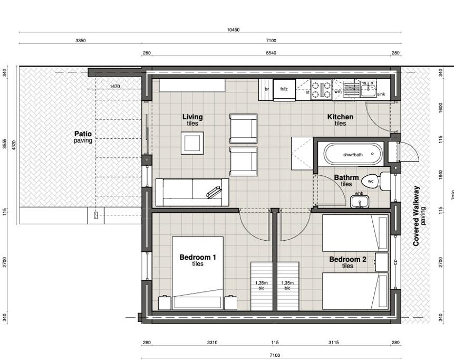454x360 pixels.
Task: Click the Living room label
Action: pos(192,117)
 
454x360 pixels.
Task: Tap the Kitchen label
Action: pos(340,117)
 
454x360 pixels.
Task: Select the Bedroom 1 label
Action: pos(197,257)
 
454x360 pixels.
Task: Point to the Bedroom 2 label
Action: pos(347,259)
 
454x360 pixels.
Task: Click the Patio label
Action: pos(83,134)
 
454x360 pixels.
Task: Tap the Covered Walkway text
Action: pos(417,216)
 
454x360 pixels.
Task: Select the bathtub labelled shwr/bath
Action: pos(353,155)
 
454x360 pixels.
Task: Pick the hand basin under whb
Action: pos(359,202)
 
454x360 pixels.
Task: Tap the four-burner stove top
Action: pos(321,90)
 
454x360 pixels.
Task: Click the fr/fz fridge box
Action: pos(284,90)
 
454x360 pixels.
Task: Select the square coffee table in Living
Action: pos(192,143)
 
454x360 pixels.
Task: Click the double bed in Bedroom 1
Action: pos(197,273)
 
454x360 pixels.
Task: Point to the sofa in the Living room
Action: pos(192,192)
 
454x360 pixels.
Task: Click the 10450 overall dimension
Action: pos(233,30)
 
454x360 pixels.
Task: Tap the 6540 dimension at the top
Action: pos(271,53)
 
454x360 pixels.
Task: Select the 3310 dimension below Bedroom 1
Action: pos(212,343)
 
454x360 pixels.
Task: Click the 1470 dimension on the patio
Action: pos(114,86)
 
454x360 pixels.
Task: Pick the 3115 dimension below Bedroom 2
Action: pos(334,343)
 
